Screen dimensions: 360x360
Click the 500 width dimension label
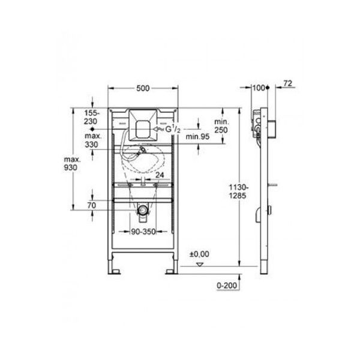(x=143, y=88)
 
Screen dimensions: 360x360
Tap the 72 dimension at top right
(x=287, y=83)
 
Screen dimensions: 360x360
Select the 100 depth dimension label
(x=259, y=88)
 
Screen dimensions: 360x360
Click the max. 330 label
(x=93, y=140)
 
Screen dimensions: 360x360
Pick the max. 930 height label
(x=72, y=163)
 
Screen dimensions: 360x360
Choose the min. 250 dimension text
(x=221, y=126)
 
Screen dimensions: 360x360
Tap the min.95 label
(x=197, y=137)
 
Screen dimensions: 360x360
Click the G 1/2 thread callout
(x=173, y=130)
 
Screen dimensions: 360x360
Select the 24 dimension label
(x=160, y=175)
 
